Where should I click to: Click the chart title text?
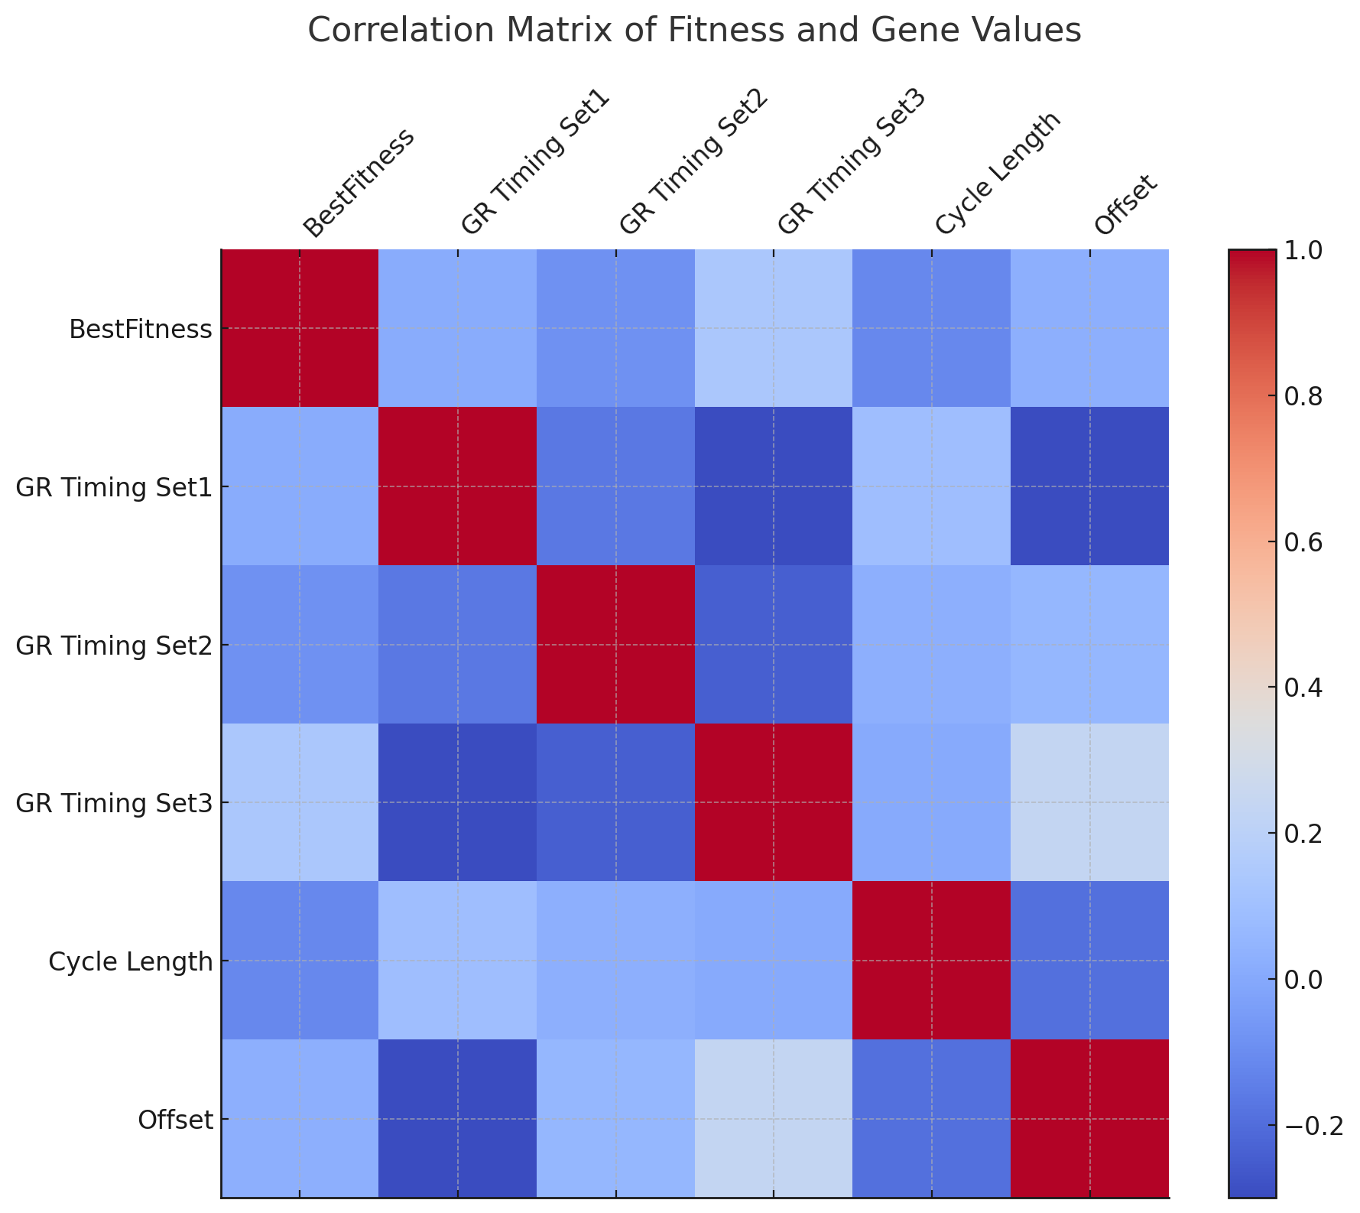pyautogui.click(x=694, y=31)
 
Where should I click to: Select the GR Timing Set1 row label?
pyautogui.click(x=113, y=487)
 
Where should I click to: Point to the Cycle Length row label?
pyautogui.click(x=130, y=961)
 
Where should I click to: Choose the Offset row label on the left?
pyautogui.click(x=174, y=1120)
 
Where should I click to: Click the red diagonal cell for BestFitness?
pyautogui.click(x=300, y=328)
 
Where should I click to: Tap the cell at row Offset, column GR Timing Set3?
pyautogui.click(x=774, y=1119)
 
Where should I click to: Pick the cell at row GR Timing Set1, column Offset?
pyautogui.click(x=1089, y=486)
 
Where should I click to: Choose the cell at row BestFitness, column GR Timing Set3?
pyautogui.click(x=774, y=328)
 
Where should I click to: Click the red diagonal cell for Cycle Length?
pyautogui.click(x=932, y=961)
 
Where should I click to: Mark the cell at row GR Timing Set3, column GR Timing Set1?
pyautogui.click(x=458, y=802)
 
